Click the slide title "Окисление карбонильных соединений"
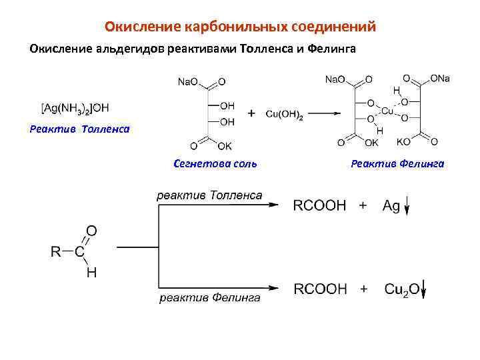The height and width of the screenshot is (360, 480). point(240,27)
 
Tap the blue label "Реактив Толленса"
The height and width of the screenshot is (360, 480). point(80,128)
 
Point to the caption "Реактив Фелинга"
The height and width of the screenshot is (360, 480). point(397,163)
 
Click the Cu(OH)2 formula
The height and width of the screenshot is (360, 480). point(285,115)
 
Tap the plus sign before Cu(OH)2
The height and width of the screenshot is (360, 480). point(251,114)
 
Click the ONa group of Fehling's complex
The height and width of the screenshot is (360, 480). point(440,79)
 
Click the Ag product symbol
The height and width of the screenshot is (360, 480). point(391,206)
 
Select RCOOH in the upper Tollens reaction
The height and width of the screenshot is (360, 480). point(320,206)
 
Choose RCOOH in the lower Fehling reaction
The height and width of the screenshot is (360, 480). point(320,289)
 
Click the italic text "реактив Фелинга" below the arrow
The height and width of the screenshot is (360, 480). point(209,298)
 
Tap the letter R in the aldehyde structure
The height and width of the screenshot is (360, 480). point(56,252)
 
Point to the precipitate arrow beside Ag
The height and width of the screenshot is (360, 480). point(407,207)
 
